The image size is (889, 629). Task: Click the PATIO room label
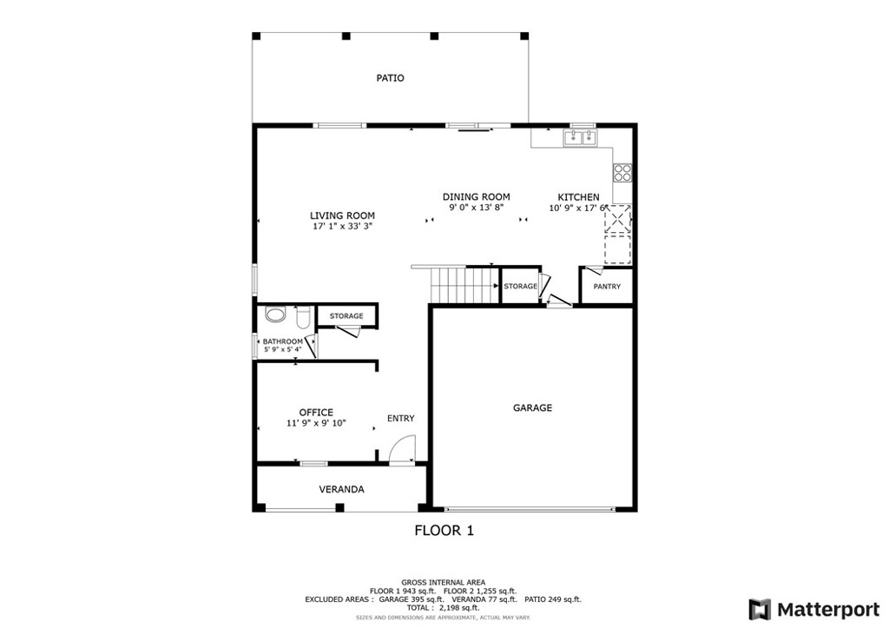[390, 78]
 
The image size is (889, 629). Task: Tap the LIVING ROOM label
[342, 215]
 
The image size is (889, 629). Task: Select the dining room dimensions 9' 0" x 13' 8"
[476, 209]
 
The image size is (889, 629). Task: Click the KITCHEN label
[577, 197]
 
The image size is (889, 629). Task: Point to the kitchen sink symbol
[579, 137]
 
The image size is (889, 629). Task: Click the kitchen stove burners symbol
[622, 171]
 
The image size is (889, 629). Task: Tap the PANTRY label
[607, 287]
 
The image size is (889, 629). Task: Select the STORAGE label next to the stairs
[520, 286]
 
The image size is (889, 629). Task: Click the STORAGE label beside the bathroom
[346, 315]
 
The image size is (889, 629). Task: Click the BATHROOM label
[283, 341]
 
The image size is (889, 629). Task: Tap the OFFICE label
[316, 413]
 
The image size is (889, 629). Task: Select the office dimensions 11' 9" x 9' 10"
[316, 423]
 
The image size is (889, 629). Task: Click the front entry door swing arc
[402, 452]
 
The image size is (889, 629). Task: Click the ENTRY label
[400, 419]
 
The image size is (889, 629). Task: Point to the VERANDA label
[341, 489]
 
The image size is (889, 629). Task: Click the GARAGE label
[532, 407]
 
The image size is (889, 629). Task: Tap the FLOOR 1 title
[444, 530]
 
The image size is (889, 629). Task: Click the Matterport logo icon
[760, 608]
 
